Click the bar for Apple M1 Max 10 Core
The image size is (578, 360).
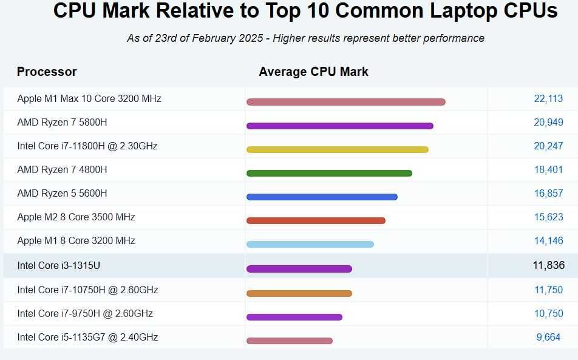click(x=345, y=102)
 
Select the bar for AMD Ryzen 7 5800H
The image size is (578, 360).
click(x=339, y=126)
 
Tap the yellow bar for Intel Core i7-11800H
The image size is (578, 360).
click(x=337, y=149)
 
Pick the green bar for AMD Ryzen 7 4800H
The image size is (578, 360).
click(x=329, y=173)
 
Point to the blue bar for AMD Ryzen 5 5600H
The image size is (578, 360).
click(x=322, y=197)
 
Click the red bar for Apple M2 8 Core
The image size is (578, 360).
click(x=316, y=220)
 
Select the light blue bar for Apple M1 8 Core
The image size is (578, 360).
click(x=310, y=244)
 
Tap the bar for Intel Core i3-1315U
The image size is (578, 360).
click(x=299, y=269)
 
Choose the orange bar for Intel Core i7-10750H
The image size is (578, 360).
click(x=299, y=293)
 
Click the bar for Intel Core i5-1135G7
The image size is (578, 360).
click(x=289, y=341)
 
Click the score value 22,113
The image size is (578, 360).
click(x=548, y=98)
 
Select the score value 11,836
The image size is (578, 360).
click(x=548, y=265)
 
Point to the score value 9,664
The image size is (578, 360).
click(x=548, y=337)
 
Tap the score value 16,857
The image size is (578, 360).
click(x=548, y=193)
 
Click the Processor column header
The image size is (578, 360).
click(x=47, y=72)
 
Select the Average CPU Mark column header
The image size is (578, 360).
click(x=313, y=72)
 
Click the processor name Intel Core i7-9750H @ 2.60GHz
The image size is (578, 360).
click(x=85, y=313)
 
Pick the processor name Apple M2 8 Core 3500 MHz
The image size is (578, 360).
click(x=76, y=217)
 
